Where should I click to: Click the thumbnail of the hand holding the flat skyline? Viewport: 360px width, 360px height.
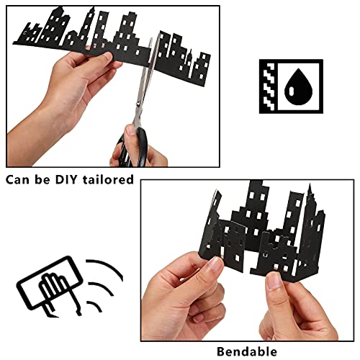[x=108, y=58]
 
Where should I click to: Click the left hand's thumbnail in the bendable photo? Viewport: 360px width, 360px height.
[x=215, y=266]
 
